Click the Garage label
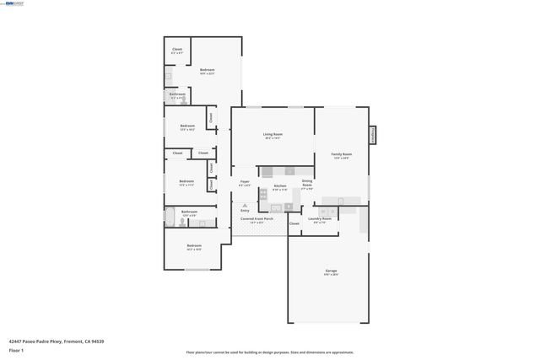pyautogui.click(x=331, y=271)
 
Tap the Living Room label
pyautogui.click(x=272, y=135)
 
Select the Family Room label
pyautogui.click(x=341, y=155)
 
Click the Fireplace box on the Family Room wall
pyautogui.click(x=372, y=136)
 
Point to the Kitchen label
pyautogui.click(x=279, y=185)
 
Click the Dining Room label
pyautogui.click(x=307, y=182)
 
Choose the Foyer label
pyautogui.click(x=245, y=182)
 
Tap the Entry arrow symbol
pyautogui.click(x=245, y=204)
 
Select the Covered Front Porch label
pyautogui.click(x=256, y=218)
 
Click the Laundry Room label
pyautogui.click(x=320, y=219)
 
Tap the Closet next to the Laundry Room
pyautogui.click(x=294, y=223)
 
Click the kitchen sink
pyautogui.click(x=285, y=204)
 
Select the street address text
pyautogui.click(x=57, y=341)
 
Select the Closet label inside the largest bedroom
pyautogui.click(x=177, y=50)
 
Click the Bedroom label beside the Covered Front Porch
pyautogui.click(x=194, y=246)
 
